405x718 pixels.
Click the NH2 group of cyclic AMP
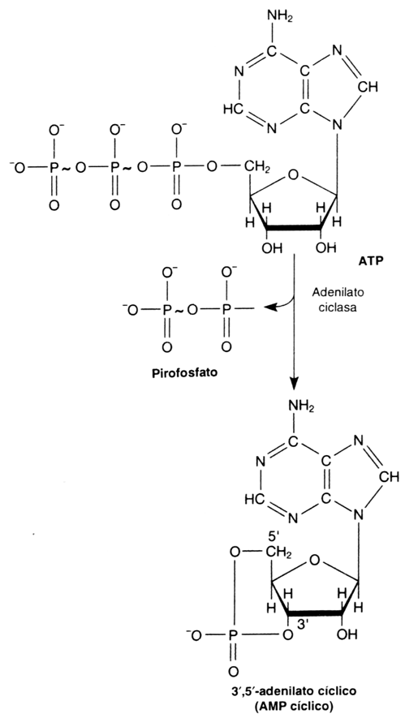pyautogui.click(x=300, y=405)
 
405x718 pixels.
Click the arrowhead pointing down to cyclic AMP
pyautogui.click(x=294, y=381)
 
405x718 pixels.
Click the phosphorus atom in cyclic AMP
pyautogui.click(x=234, y=635)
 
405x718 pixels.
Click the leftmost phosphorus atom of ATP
pyautogui.click(x=54, y=167)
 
